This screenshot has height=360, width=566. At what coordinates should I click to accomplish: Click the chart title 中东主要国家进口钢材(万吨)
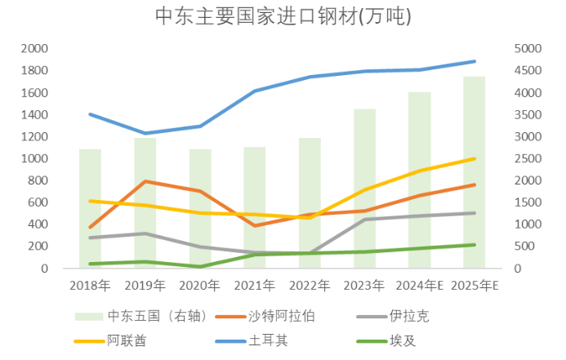point(283,16)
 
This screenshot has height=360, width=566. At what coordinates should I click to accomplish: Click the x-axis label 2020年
point(199,286)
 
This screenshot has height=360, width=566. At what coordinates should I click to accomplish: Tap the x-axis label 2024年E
point(419,286)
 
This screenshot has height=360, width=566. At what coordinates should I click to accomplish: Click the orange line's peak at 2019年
point(145,181)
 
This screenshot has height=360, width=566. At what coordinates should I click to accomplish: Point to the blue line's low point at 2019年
point(145,133)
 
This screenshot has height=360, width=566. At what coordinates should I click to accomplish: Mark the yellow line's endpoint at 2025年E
point(475,158)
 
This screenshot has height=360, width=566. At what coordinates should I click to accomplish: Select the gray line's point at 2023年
point(364,219)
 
